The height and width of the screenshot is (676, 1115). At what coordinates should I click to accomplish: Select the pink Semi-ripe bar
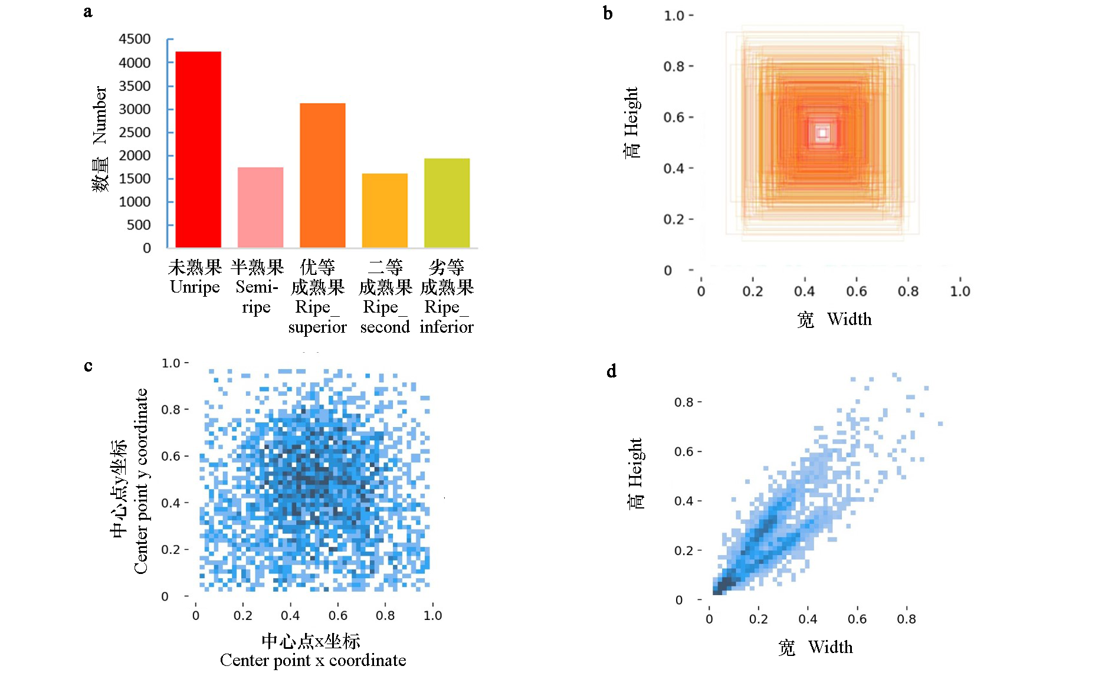260,207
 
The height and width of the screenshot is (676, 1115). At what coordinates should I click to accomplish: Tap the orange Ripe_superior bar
322,175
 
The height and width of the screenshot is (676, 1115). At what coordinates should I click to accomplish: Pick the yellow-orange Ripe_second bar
385,210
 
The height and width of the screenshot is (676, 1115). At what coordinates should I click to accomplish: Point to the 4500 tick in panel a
135,39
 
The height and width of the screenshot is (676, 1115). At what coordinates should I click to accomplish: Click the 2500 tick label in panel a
135,132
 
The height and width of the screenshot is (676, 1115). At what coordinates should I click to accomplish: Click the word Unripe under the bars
195,287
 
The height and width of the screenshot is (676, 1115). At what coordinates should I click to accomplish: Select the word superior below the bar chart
317,327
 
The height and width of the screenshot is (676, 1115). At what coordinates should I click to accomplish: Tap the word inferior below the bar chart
447,327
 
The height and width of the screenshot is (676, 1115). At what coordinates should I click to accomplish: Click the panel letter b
608,13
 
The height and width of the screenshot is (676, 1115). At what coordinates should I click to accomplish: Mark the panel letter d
612,371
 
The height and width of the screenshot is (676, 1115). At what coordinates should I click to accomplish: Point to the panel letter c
88,366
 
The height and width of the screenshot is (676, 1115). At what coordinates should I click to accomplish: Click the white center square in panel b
822,133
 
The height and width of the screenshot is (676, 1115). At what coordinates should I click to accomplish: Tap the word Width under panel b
849,319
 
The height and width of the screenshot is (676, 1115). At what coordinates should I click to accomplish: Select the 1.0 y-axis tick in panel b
674,16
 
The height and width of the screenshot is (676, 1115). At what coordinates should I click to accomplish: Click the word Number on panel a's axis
100,115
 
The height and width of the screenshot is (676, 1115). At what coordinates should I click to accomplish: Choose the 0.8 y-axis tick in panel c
170,409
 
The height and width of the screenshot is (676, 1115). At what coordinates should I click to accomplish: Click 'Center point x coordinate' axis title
313,660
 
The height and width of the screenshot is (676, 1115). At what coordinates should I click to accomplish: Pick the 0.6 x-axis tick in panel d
857,619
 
